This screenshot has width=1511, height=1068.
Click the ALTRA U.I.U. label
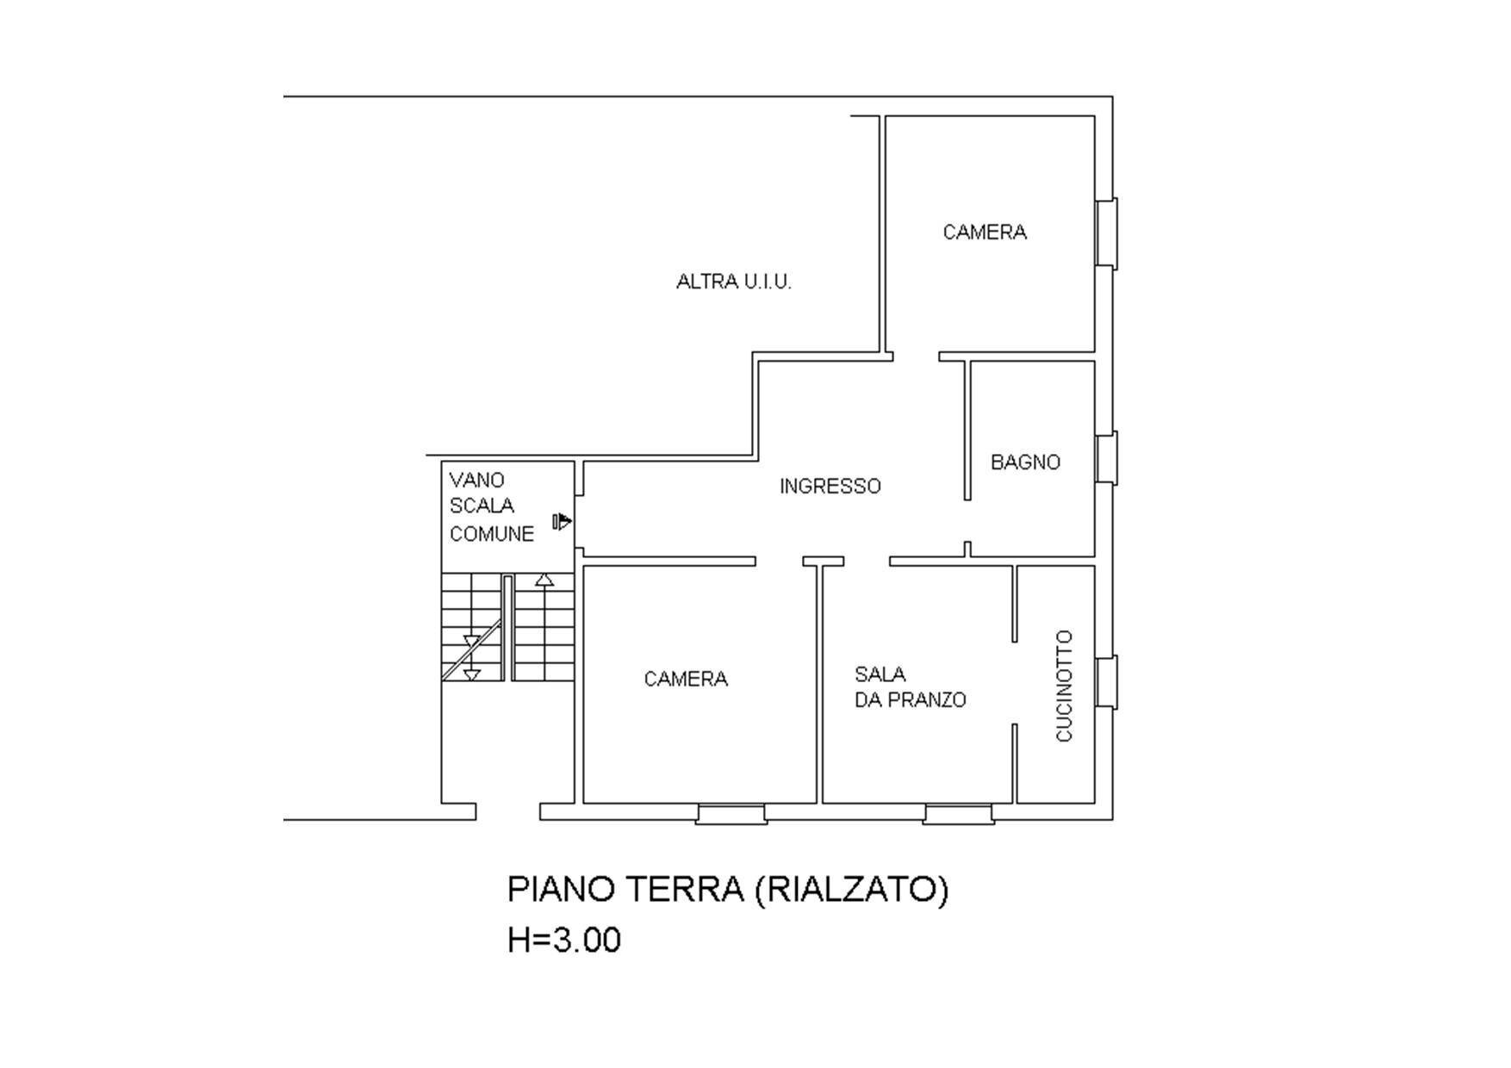coord(733,282)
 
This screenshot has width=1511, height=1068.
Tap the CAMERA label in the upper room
coord(984,233)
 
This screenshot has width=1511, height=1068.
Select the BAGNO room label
coord(1024,463)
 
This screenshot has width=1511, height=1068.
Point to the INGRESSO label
coord(830,487)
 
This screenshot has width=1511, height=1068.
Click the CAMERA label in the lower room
coord(686,680)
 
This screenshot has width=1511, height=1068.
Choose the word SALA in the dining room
coord(880,674)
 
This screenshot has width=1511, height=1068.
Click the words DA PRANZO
coord(910,700)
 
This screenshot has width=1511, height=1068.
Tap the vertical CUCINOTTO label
coord(1065,686)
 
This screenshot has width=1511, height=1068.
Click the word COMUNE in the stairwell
coord(491,534)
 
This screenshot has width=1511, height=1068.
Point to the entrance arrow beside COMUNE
coord(562,521)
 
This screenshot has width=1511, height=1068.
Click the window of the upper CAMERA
coord(1106,233)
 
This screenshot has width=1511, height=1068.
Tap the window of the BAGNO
coord(1106,458)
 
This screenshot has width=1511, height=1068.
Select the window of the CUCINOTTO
coord(1106,682)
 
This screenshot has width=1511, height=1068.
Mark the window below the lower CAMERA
coord(731,814)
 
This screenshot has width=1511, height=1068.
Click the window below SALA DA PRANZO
coord(958,814)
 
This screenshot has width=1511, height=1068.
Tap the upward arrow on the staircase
coord(544,581)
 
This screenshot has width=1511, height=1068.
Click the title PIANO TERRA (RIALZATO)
coord(727,889)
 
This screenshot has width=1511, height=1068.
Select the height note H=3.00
coord(563,941)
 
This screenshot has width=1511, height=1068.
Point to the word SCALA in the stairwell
coord(482,506)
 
